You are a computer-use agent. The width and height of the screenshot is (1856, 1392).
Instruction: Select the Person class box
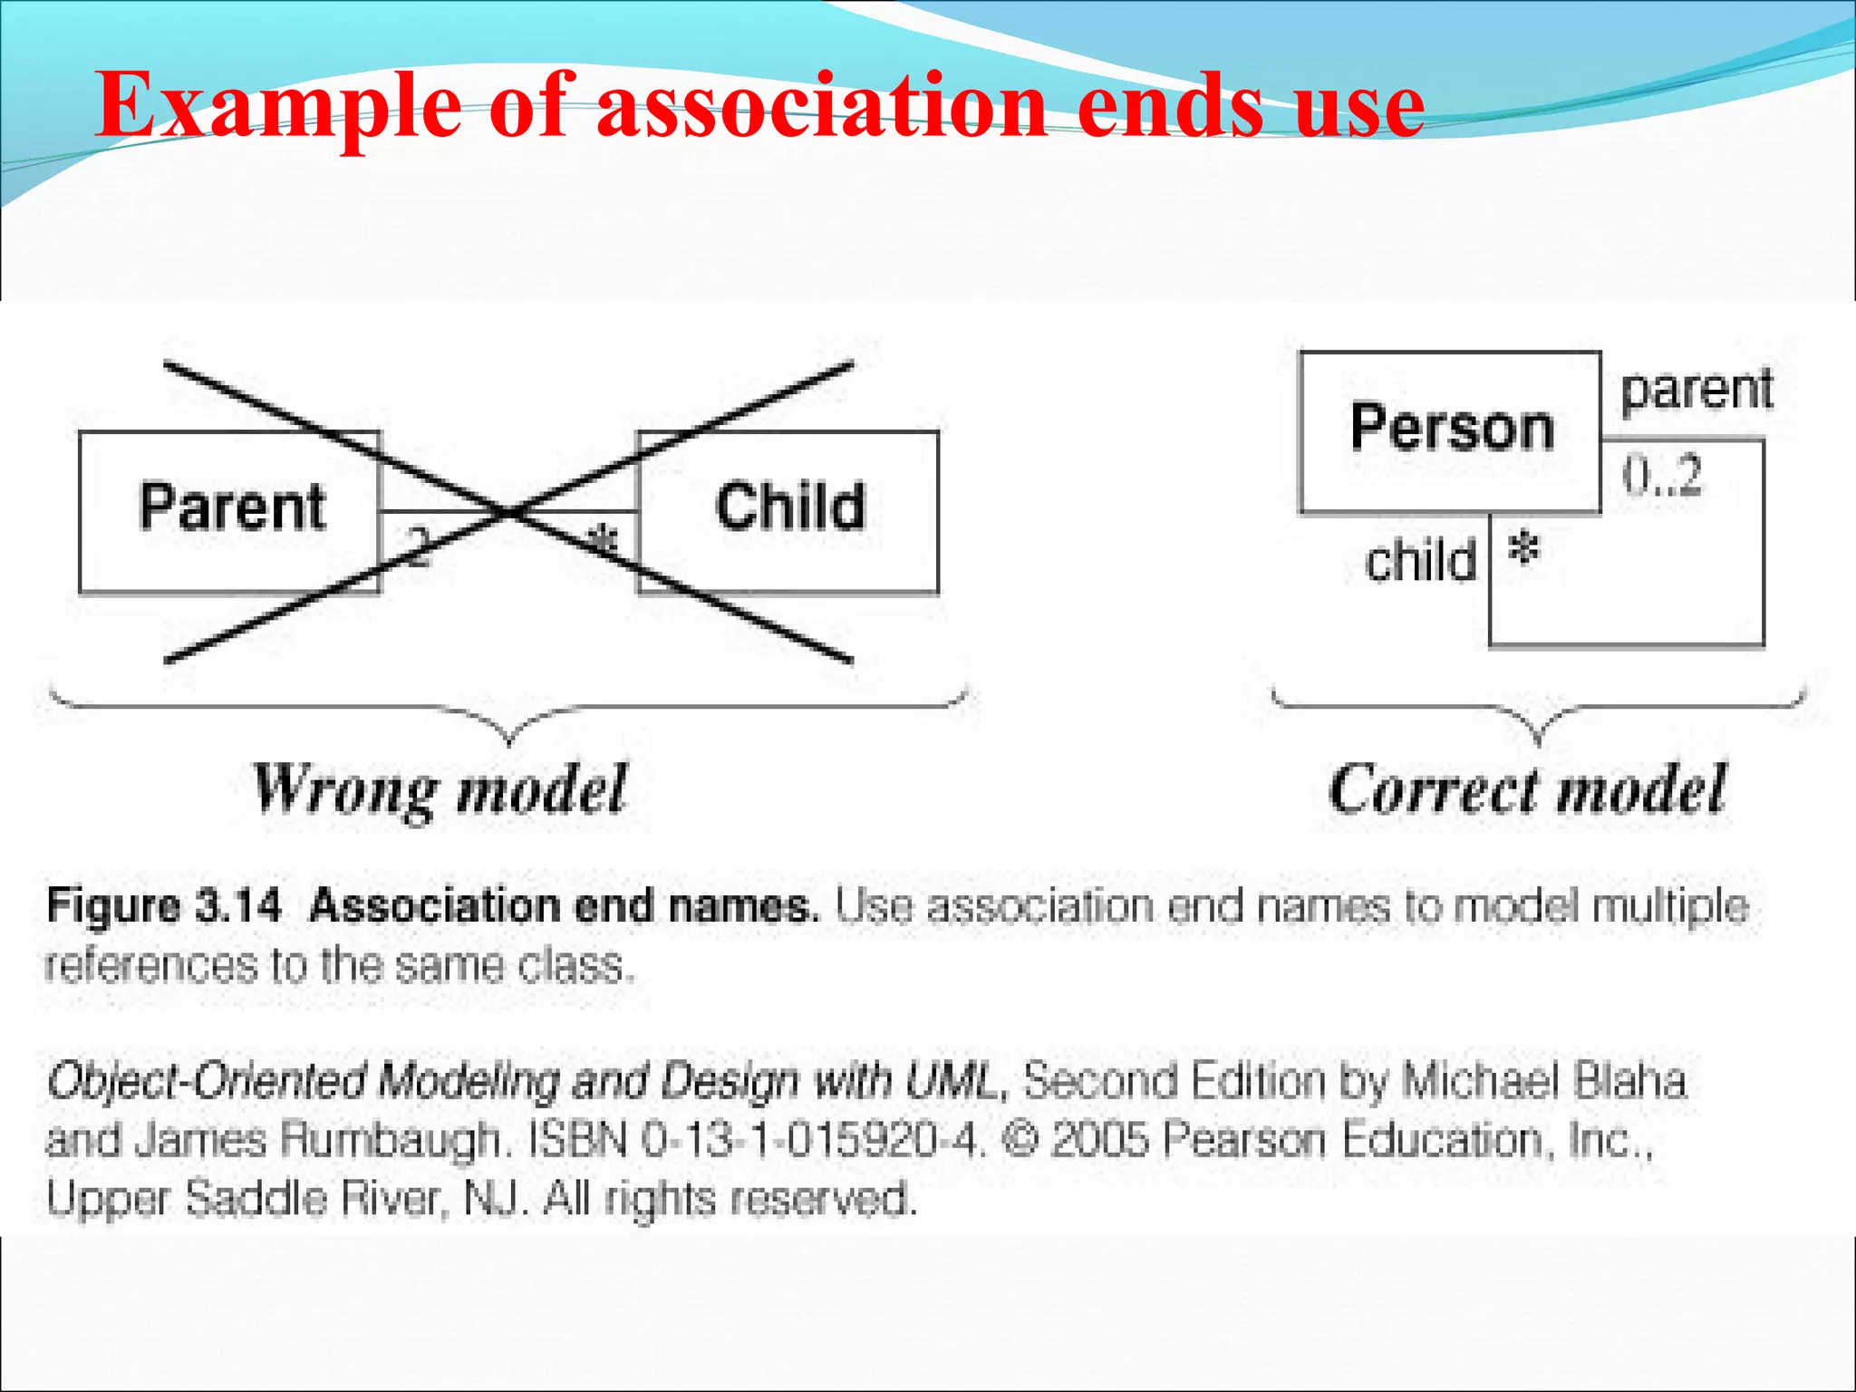point(1450,430)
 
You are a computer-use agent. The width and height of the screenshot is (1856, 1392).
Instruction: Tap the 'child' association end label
point(1420,562)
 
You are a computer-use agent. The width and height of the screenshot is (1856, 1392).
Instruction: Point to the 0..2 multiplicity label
point(1662,476)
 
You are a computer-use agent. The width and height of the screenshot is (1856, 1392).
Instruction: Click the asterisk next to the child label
point(1524,549)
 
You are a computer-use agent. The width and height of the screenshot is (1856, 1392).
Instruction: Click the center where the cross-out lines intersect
point(509,512)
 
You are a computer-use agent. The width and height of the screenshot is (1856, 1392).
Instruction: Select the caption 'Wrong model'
point(440,790)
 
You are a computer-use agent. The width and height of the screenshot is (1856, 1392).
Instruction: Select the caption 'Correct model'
point(1527,790)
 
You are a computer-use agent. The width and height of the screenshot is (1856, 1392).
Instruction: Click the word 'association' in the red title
point(821,107)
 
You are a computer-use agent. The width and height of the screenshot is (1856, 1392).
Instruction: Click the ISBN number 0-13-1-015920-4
point(812,1140)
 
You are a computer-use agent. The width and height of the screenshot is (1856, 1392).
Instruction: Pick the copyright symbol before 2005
point(1021,1140)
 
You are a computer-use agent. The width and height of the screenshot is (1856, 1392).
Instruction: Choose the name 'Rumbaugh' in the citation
point(390,1141)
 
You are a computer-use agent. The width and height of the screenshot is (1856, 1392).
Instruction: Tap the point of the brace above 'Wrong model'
point(509,740)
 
